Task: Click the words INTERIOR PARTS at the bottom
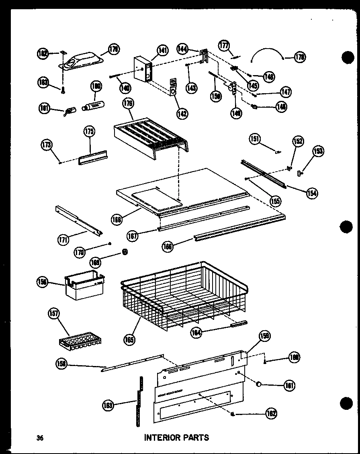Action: click(x=176, y=438)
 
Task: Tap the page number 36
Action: click(x=39, y=438)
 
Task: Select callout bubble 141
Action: click(x=162, y=51)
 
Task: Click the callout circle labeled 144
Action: click(x=183, y=49)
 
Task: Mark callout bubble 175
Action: click(x=89, y=132)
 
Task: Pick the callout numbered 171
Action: click(x=63, y=240)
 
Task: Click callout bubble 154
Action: click(x=311, y=193)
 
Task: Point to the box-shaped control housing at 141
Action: click(x=143, y=70)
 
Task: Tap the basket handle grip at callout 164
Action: click(x=239, y=323)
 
